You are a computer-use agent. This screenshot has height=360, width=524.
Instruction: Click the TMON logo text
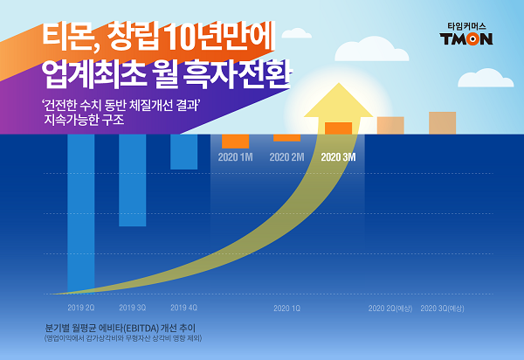pos(466,38)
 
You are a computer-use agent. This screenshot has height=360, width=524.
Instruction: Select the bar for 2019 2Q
pos(80,210)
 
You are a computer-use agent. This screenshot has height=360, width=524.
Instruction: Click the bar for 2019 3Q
pos(132,180)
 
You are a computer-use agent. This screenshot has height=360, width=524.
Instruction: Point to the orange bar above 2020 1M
pos(235,142)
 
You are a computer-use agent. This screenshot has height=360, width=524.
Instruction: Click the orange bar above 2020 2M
pos(286,138)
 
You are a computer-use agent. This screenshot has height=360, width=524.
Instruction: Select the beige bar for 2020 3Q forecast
pos(442,123)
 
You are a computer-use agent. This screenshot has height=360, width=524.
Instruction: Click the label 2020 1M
pos(235,158)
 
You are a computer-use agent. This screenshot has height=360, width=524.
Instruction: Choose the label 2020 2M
pos(286,158)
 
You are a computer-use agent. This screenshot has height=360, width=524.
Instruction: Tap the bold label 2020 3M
pos(338,158)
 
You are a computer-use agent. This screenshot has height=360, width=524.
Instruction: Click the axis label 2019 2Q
pos(80,308)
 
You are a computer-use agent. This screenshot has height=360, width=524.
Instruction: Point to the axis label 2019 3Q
pos(132,308)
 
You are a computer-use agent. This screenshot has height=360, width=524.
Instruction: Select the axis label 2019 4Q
pos(183,308)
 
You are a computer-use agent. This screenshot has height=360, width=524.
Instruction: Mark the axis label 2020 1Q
pos(286,308)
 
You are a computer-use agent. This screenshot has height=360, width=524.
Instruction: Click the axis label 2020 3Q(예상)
pos(442,308)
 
